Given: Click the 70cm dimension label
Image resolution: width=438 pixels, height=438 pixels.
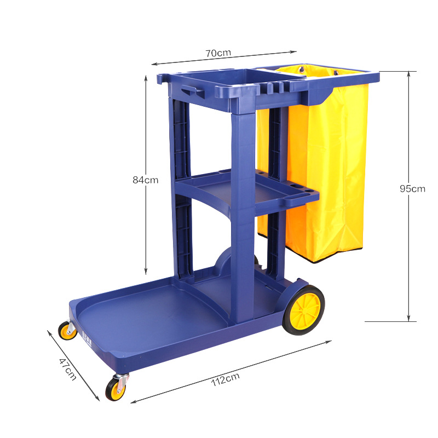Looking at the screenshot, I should coord(218,53).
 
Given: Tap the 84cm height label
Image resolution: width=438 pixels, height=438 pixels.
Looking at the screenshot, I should coord(145,180).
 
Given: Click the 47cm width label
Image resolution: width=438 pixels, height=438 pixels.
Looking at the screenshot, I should coord(68,367).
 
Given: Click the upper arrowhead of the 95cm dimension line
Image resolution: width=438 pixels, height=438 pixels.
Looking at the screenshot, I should coord(408,74).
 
